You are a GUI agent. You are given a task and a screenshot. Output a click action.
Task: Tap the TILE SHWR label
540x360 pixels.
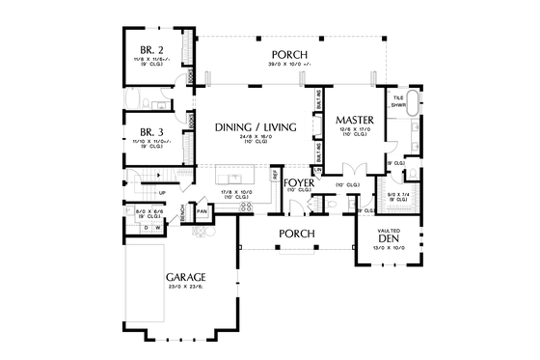tap(398, 102)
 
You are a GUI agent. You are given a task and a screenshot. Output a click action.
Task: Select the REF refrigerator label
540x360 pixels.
tap(275, 176)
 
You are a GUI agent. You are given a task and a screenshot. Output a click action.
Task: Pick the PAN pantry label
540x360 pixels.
tap(202, 211)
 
